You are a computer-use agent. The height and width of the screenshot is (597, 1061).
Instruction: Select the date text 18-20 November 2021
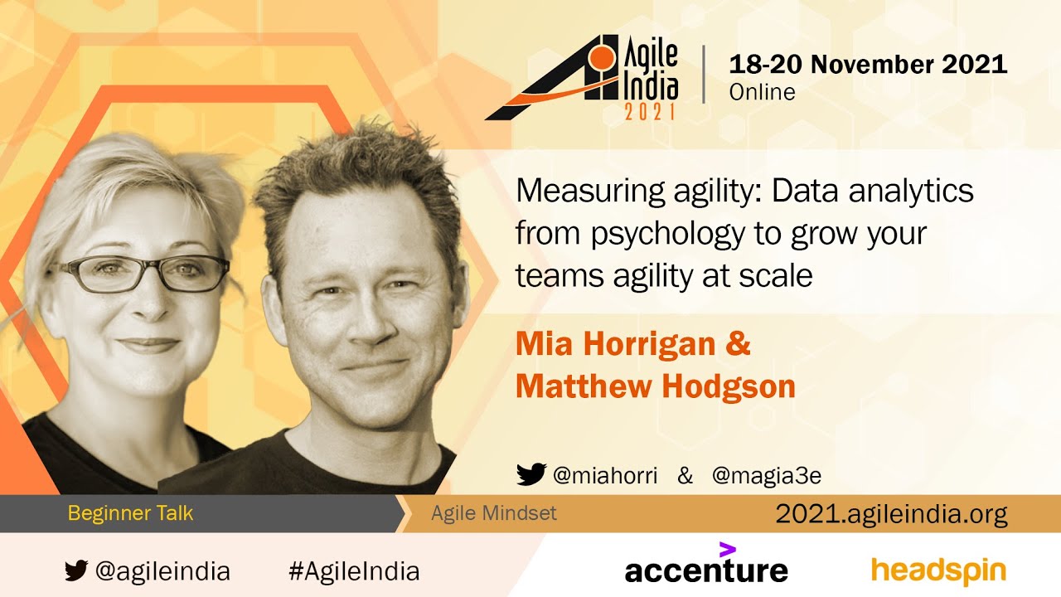(x=868, y=64)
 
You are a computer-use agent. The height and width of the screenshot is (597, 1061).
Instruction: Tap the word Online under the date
(x=762, y=92)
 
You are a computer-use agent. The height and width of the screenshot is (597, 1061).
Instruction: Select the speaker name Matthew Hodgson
(x=655, y=386)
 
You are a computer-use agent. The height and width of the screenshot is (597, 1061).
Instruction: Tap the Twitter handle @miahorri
(x=605, y=475)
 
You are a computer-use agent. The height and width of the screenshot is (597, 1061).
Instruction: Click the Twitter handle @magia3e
(x=767, y=476)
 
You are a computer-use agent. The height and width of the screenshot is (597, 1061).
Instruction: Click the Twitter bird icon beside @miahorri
(x=531, y=474)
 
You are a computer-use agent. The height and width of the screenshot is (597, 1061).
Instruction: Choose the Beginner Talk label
(x=130, y=513)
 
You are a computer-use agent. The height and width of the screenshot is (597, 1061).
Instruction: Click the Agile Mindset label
(x=493, y=513)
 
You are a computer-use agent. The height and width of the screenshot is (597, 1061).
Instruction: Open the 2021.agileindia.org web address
(x=891, y=514)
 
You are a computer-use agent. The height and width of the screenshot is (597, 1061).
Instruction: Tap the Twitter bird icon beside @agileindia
(x=76, y=570)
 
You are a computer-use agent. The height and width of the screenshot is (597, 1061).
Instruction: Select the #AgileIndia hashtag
(x=354, y=571)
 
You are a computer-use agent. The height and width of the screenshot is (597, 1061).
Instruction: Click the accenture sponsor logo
(x=706, y=564)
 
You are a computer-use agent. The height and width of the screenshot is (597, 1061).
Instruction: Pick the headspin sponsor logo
(x=939, y=572)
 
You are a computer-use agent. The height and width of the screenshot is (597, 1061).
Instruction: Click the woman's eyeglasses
(x=141, y=274)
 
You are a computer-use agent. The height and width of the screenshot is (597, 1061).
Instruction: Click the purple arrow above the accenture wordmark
(x=728, y=550)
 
